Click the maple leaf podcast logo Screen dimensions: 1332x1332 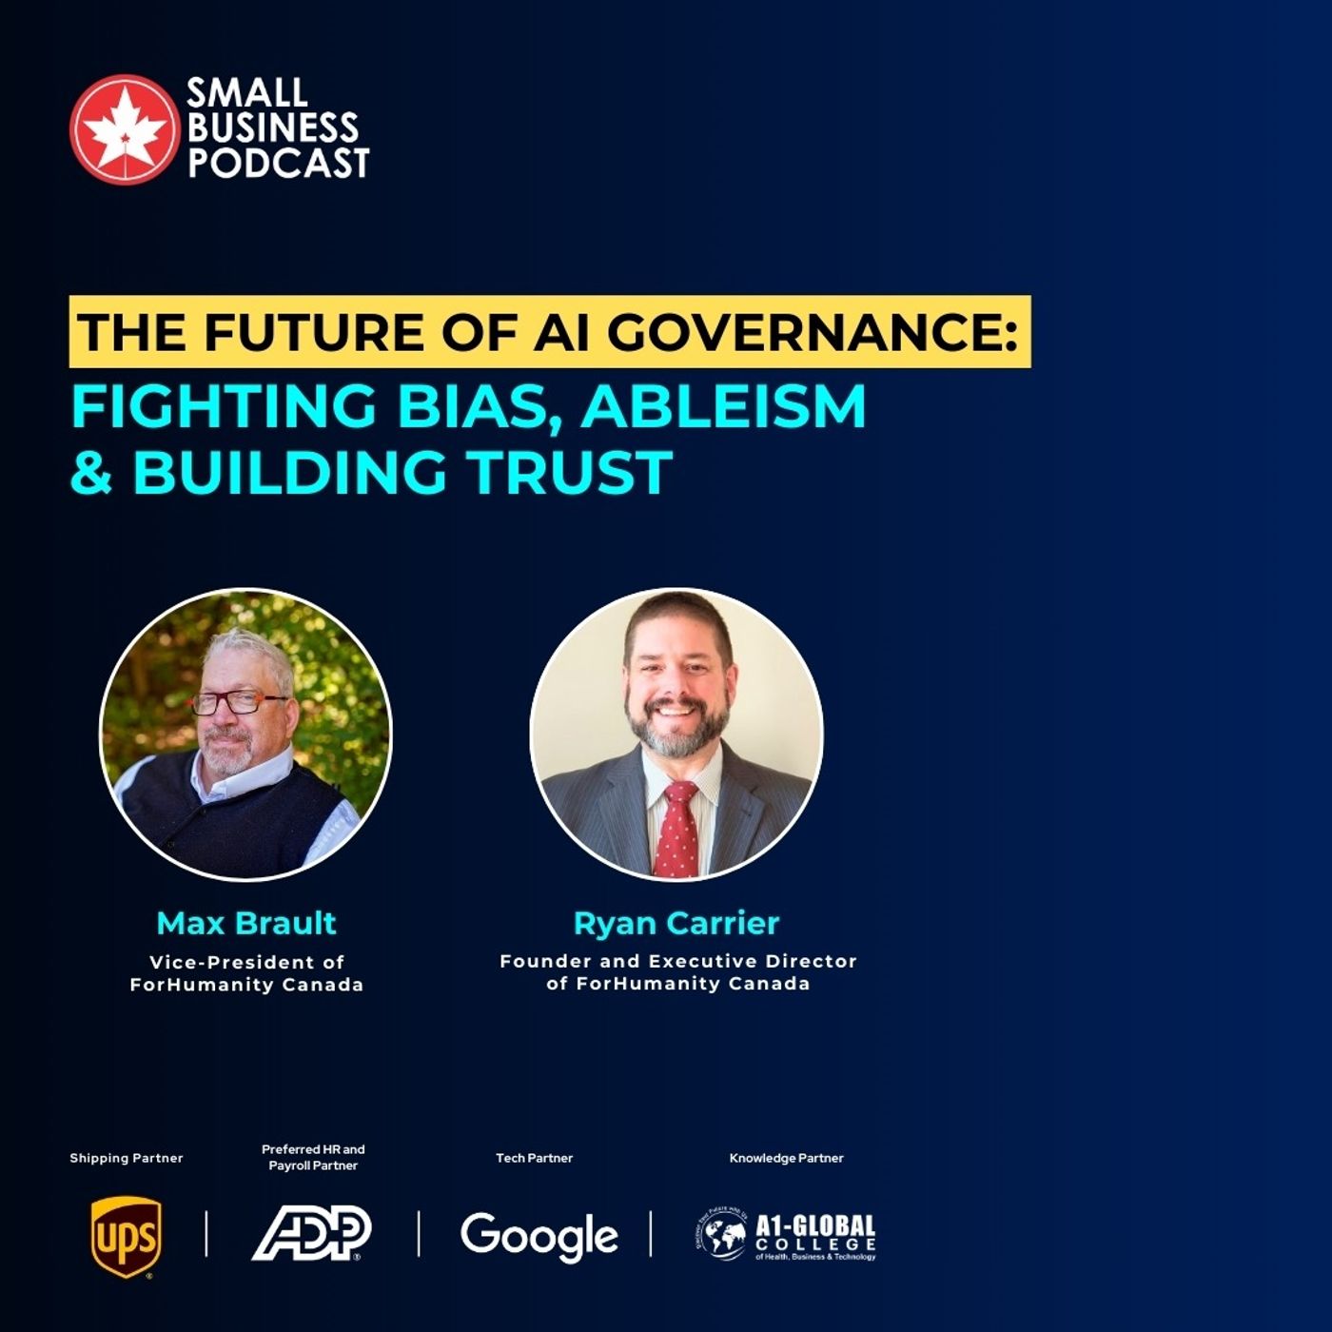(x=124, y=128)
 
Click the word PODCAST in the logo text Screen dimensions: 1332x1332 (x=278, y=163)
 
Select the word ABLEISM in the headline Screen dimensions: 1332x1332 (x=724, y=406)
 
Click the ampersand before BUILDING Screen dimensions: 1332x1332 (x=92, y=473)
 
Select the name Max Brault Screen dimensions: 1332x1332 (x=246, y=923)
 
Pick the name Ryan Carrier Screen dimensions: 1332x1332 (x=676, y=923)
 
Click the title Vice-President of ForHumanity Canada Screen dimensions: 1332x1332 (x=246, y=973)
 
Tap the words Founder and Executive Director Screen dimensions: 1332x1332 (x=678, y=961)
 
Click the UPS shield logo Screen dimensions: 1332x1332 (x=126, y=1236)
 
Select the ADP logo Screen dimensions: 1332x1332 (x=312, y=1233)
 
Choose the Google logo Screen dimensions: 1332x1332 (x=539, y=1236)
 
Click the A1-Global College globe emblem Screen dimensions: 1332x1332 (x=721, y=1234)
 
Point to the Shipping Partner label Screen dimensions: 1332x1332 (x=126, y=1158)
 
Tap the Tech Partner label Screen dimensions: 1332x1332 (x=534, y=1158)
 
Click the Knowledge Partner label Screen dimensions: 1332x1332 (x=786, y=1158)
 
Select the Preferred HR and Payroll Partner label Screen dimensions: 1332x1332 (x=313, y=1157)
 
